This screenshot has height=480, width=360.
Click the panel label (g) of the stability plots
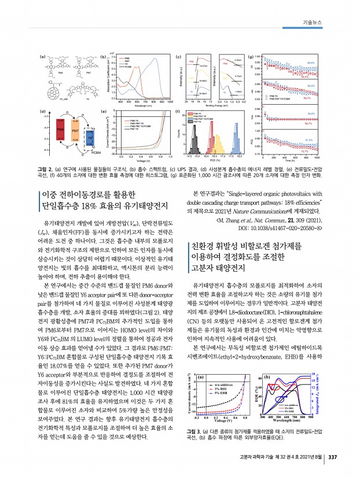coord(250,57)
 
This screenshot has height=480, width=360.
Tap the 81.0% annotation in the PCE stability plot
coord(309,139)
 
